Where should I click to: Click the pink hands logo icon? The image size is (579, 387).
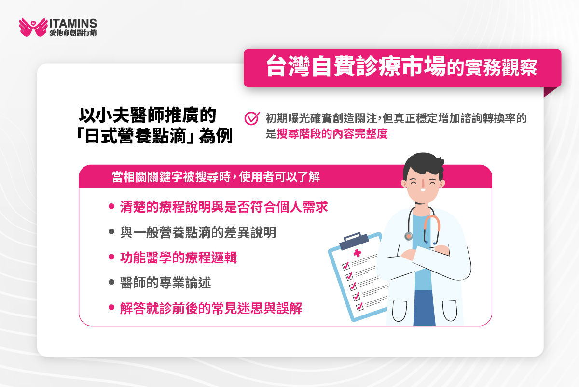pyautogui.click(x=33, y=27)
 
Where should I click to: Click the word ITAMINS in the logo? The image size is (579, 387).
pyautogui.click(x=73, y=23)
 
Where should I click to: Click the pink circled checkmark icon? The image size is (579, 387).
pyautogui.click(x=252, y=118)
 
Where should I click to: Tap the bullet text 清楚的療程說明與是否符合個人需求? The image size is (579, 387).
pyautogui.click(x=224, y=207)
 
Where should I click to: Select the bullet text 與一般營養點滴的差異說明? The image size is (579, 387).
pyautogui.click(x=198, y=232)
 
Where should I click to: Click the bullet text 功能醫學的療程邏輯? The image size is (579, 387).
pyautogui.click(x=178, y=258)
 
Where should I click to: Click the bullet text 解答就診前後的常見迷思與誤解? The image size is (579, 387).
pyautogui.click(x=211, y=308)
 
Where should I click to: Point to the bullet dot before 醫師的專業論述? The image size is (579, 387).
pyautogui.click(x=111, y=283)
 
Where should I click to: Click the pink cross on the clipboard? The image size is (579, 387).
pyautogui.click(x=357, y=253)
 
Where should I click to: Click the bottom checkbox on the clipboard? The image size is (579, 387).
pyautogui.click(x=359, y=307)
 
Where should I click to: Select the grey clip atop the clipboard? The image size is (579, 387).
pyautogui.click(x=354, y=239)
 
